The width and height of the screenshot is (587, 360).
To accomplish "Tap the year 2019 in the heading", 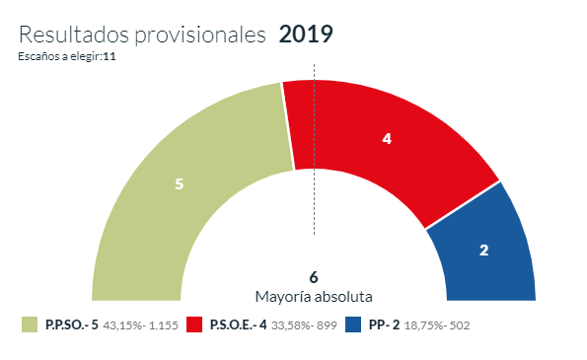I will pyautogui.click(x=306, y=34).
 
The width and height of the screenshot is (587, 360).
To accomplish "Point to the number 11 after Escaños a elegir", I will pyautogui.click(x=110, y=56).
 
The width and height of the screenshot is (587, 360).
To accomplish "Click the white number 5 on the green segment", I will pyautogui.click(x=179, y=184).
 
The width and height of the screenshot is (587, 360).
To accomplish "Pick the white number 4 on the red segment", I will pyautogui.click(x=387, y=139).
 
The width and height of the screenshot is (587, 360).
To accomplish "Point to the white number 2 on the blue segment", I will pyautogui.click(x=483, y=251).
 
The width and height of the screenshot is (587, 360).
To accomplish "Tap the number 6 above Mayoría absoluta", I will pyautogui.click(x=314, y=276).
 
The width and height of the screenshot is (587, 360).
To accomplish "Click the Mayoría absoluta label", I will pyautogui.click(x=314, y=296).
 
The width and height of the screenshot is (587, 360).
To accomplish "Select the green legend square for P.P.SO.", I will pyautogui.click(x=29, y=324).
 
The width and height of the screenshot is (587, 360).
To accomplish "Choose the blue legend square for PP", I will pyautogui.click(x=352, y=324).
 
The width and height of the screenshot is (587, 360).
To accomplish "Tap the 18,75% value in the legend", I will pyautogui.click(x=425, y=325).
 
